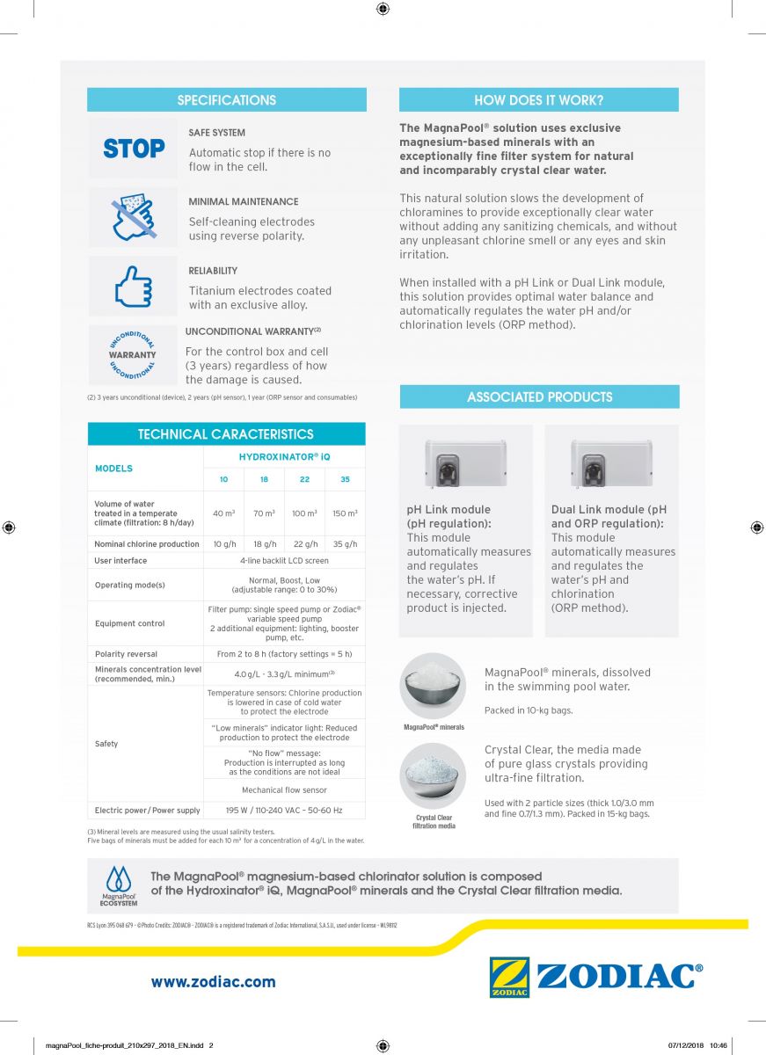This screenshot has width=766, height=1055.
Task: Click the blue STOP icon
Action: point(134,149)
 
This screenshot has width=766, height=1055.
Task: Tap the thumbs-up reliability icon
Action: point(133,286)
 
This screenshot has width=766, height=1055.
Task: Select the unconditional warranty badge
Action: point(133,354)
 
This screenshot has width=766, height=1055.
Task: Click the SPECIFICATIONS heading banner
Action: point(226,100)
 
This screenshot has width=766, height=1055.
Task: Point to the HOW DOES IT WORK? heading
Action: point(538,100)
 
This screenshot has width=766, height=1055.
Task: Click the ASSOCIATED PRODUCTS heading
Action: point(539,397)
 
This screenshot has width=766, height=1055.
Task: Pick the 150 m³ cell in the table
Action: point(345,513)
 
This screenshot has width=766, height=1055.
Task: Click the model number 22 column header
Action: point(304,480)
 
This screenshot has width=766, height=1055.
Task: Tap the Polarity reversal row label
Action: point(126,654)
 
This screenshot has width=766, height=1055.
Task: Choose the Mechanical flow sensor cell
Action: point(283,790)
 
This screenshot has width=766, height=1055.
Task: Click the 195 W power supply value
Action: point(283,811)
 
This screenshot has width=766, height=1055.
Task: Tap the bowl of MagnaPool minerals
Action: point(433,685)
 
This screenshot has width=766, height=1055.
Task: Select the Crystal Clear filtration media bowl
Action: point(433,775)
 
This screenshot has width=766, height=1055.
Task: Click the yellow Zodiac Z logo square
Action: point(509,977)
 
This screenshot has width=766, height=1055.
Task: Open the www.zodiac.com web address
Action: point(213,982)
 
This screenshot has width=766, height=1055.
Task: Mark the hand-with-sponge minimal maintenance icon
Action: point(133,217)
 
